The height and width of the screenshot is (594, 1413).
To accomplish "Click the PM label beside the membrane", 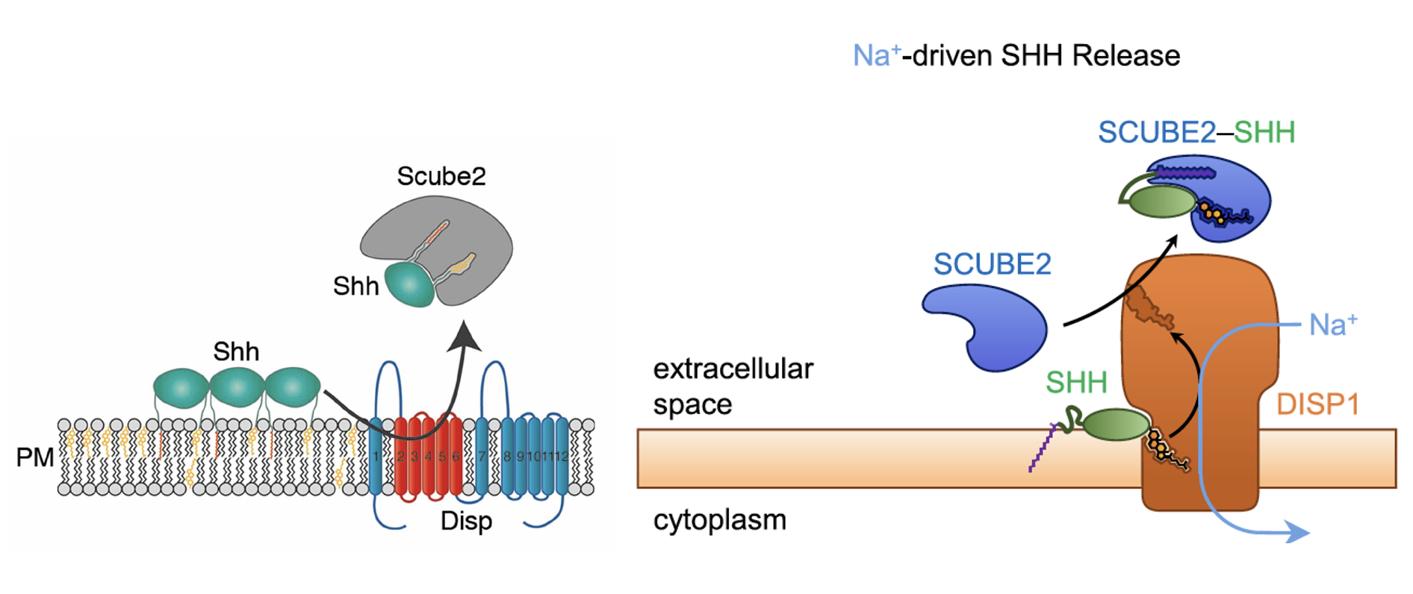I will coord(34,457).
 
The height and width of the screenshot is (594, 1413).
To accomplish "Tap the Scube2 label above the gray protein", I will coord(441,176).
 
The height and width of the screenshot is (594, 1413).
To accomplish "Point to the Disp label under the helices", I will coord(466,520).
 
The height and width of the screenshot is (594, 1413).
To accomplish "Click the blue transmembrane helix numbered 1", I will coord(376,457).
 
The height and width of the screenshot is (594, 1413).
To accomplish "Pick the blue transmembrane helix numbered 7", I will coord(482,457).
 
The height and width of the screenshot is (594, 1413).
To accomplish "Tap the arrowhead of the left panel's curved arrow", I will coord(465,336).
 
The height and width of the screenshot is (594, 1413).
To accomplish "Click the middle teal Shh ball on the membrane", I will coord(237,387).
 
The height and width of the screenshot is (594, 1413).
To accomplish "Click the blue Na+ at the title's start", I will coord(875,56).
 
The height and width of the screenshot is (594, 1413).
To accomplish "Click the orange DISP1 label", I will coord(1317,404).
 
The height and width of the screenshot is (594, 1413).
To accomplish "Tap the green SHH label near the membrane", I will coord(1075,382).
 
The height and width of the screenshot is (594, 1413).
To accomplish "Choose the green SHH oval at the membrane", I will coord(1116,425).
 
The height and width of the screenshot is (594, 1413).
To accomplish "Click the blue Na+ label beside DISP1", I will coord(1333,325).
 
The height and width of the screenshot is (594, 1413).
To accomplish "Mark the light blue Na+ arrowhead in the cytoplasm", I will coord(1299,533).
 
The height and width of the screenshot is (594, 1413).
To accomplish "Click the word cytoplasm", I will coord(719,520).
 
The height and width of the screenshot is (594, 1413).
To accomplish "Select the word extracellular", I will coord(733,369).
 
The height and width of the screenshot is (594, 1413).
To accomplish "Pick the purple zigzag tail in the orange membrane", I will coord(1041,448).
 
